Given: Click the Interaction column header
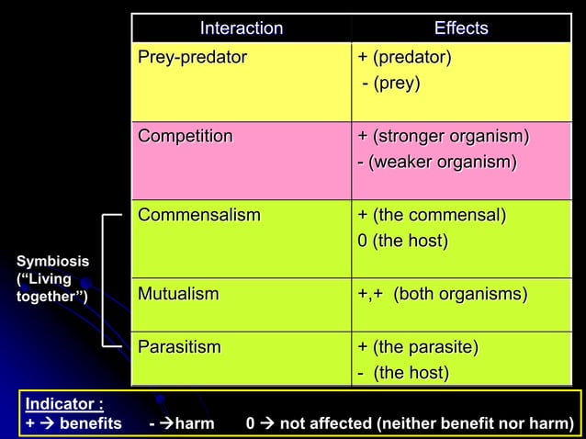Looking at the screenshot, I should [x=242, y=28].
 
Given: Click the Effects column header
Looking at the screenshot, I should [x=461, y=28].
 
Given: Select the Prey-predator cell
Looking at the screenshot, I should [x=193, y=58].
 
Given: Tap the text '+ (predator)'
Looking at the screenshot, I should [x=404, y=58].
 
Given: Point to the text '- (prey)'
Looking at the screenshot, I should [x=390, y=84].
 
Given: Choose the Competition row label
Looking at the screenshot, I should [x=186, y=136].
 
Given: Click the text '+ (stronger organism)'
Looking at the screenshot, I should [x=444, y=136].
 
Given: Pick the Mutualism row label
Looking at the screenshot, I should [x=179, y=294].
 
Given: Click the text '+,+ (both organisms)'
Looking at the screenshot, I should [x=443, y=294].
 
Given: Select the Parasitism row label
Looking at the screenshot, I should [x=180, y=346].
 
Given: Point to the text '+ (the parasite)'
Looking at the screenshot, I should [x=418, y=346].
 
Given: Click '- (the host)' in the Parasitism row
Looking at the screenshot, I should [x=403, y=372].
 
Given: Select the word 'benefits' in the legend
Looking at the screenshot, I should [x=91, y=422].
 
